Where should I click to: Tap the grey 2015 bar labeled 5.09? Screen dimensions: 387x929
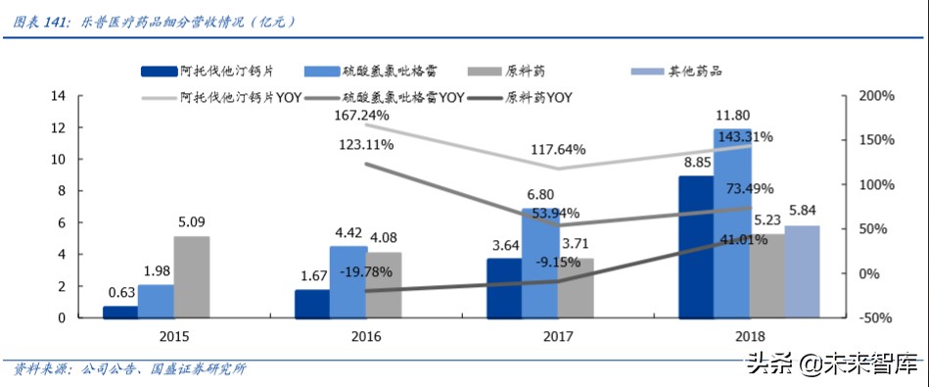click(192, 277)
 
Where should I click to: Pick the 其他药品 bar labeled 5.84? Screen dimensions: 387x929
click(802, 271)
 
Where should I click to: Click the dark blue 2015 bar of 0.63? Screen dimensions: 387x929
click(120, 312)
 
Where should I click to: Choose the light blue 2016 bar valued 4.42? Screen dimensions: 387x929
click(348, 282)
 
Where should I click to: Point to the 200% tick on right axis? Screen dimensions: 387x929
click(875, 96)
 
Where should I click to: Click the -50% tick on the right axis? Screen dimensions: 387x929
click(875, 317)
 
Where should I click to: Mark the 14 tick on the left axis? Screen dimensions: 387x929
click(57, 96)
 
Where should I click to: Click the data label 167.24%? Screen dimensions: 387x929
click(362, 116)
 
